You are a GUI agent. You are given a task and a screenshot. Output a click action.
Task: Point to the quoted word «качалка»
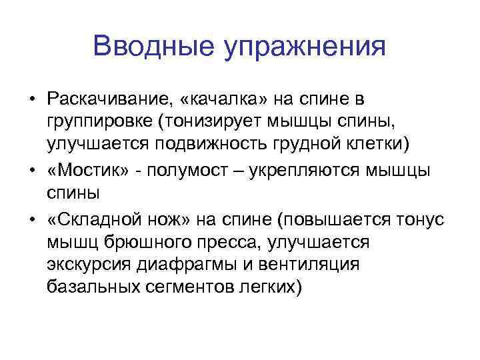pos(217,99)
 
